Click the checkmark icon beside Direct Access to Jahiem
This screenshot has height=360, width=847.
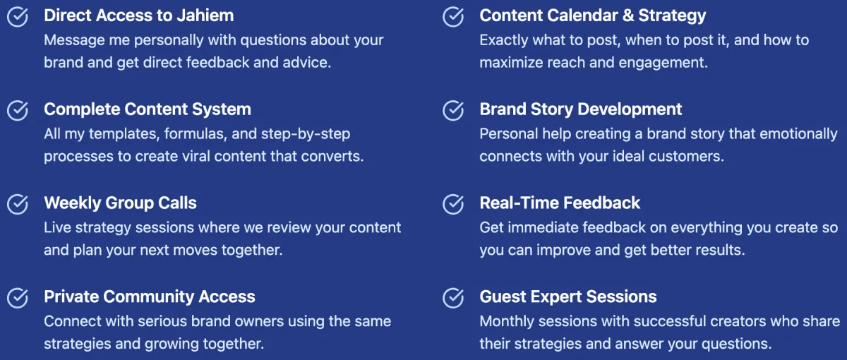[x=18, y=17]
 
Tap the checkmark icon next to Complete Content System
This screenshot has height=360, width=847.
[x=18, y=110]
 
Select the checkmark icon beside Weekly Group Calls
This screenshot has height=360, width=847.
[x=18, y=204]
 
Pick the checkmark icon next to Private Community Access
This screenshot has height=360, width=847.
[x=18, y=298]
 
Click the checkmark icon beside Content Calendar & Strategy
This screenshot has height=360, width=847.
[x=453, y=17]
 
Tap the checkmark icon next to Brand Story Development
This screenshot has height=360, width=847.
[x=453, y=110]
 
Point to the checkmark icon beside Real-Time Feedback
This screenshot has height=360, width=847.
[x=453, y=204]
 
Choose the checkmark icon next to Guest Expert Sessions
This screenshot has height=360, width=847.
[x=453, y=298]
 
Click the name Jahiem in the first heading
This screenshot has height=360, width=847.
[x=205, y=16]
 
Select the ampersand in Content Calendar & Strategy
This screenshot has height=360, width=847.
[x=628, y=16]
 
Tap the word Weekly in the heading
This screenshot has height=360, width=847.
[x=73, y=203]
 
